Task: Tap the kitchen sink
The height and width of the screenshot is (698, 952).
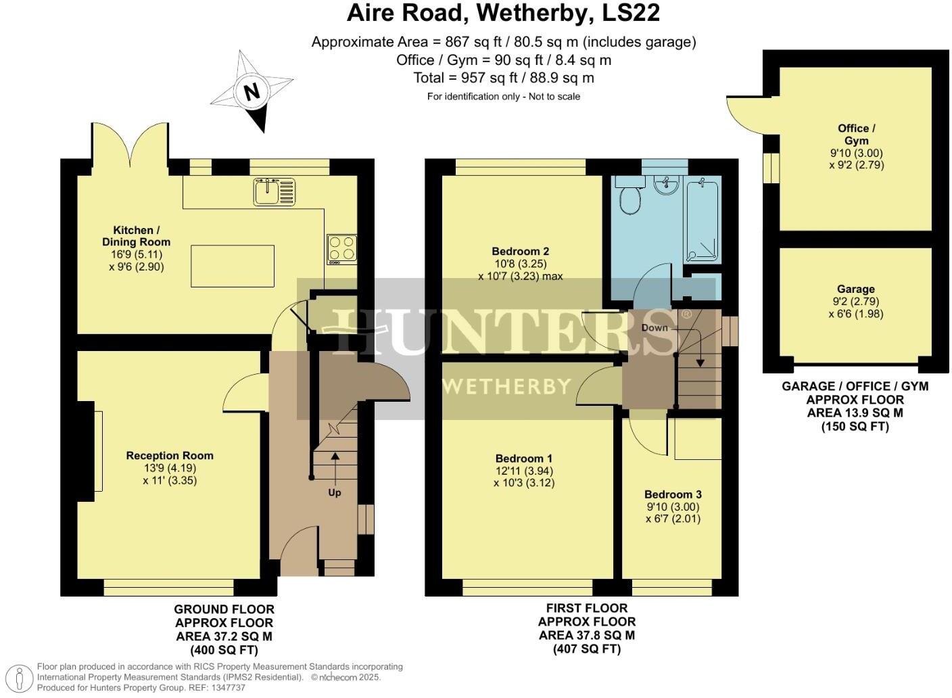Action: [275, 191]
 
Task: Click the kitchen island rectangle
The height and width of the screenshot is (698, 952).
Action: [233, 266]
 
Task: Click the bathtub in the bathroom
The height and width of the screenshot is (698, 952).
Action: [703, 218]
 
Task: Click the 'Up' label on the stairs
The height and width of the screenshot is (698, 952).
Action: [334, 492]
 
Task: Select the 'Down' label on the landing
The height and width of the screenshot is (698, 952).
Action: [654, 328]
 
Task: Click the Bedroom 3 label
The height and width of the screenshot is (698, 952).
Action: [673, 494]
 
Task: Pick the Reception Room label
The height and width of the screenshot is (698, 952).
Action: [170, 456]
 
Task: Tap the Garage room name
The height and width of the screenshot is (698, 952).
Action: [855, 289]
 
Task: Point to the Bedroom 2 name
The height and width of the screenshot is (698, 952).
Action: [520, 252]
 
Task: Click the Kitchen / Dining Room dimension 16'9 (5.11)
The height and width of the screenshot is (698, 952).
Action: [137, 254]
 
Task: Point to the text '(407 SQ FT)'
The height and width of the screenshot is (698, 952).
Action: [586, 649]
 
